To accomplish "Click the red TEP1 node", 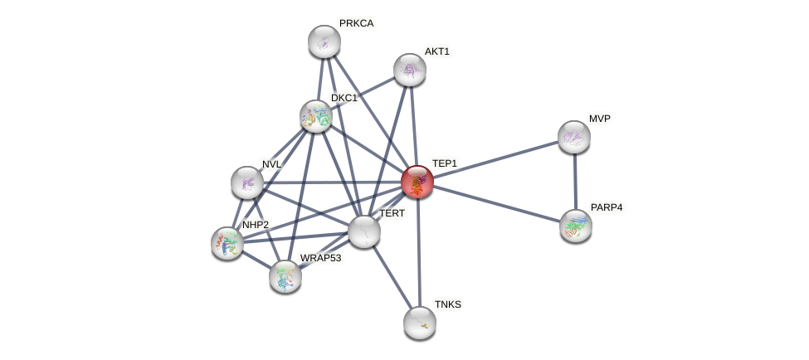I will (417, 182).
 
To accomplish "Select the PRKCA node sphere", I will (324, 41).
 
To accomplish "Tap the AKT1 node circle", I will (409, 70).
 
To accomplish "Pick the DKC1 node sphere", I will (315, 116).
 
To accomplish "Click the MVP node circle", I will (573, 137).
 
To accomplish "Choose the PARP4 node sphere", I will (575, 225).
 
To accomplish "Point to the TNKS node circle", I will (419, 322).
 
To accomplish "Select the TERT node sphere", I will (363, 231).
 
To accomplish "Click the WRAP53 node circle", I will (285, 276).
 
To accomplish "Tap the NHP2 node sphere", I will (227, 243).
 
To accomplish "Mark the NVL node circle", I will (246, 182).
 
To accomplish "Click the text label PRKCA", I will (356, 23).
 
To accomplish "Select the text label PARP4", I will (606, 207).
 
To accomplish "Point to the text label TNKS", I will (447, 304).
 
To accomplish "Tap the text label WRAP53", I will (320, 258).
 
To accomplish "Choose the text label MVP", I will (599, 119).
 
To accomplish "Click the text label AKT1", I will (436, 51).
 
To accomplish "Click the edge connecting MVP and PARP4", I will (574, 181).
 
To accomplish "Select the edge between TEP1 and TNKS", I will (418, 253).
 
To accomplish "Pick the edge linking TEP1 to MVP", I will (495, 159).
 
